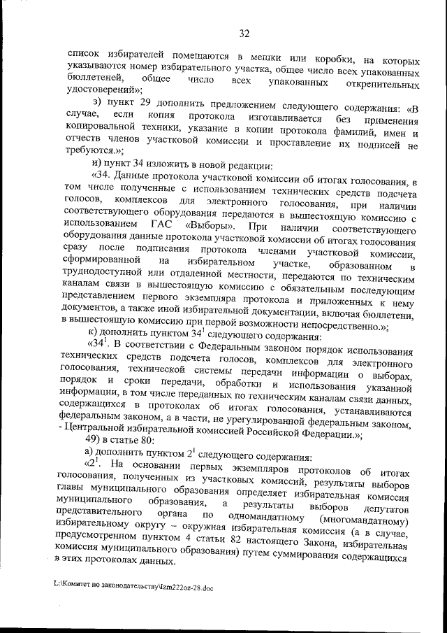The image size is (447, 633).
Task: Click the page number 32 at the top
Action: (244, 33)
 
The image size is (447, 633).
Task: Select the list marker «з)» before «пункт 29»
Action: (98, 102)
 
